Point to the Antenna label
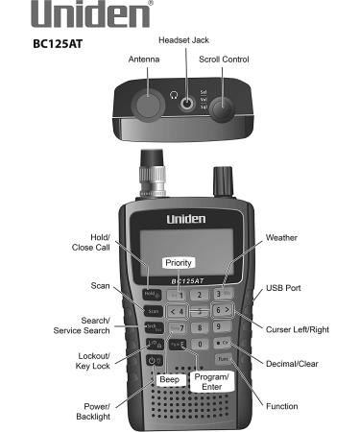tap(144, 60)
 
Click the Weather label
tap(281, 237)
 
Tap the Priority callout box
tap(179, 261)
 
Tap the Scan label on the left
tap(101, 285)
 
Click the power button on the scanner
tap(152, 359)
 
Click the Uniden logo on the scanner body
tap(180, 219)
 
